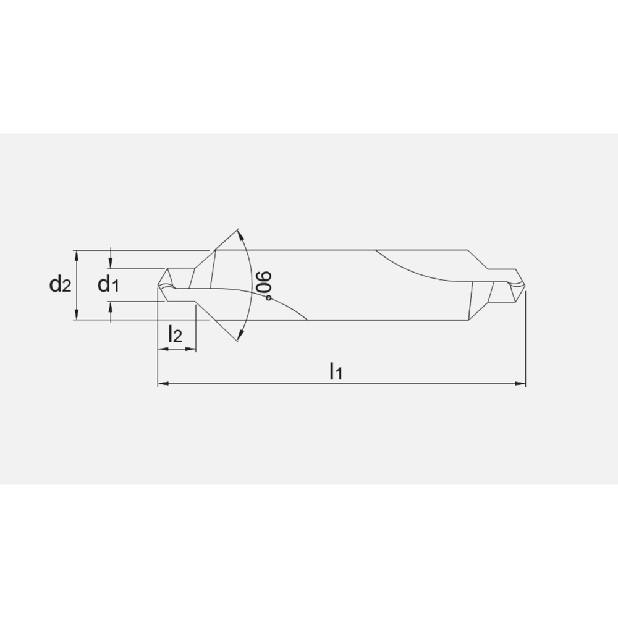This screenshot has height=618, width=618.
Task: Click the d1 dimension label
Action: (x=108, y=284)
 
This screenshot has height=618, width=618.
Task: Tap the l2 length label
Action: (x=176, y=334)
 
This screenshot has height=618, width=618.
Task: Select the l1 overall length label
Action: (x=336, y=371)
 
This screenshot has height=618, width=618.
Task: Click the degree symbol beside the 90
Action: (x=269, y=298)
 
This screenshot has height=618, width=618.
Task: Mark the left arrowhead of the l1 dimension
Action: (x=163, y=384)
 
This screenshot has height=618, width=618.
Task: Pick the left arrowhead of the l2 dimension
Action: (x=163, y=349)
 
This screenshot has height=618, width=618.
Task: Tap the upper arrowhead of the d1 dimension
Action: (x=111, y=265)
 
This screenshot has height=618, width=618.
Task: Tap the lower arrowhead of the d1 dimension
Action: (x=111, y=305)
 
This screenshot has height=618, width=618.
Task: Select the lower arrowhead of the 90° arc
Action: (x=240, y=334)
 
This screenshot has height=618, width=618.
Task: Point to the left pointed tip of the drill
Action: (x=159, y=285)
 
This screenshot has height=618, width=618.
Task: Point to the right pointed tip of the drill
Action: (x=525, y=285)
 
